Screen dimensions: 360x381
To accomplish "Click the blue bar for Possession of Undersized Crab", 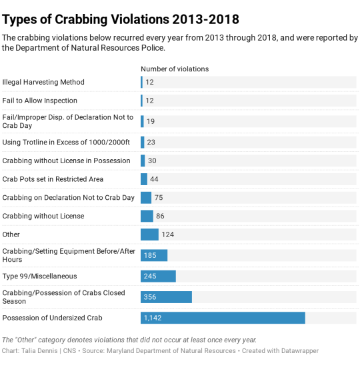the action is pyautogui.click(x=223, y=318).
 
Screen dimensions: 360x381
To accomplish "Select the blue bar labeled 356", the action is pyautogui.click(x=166, y=297).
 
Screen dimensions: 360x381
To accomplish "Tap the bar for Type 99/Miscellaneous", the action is pyautogui.click(x=158, y=276).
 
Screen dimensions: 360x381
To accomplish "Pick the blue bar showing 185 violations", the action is pyautogui.click(x=154, y=255).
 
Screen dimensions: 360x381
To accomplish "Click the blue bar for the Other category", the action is pyautogui.click(x=149, y=234).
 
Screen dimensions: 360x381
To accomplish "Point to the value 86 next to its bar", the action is pyautogui.click(x=160, y=216).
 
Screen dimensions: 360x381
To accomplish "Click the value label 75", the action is pyautogui.click(x=159, y=198).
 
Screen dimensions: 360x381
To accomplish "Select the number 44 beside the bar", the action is pyautogui.click(x=154, y=179).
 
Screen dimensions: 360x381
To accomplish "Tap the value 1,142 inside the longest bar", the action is pyautogui.click(x=153, y=318).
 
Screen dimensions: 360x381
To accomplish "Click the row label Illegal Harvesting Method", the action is pyautogui.click(x=43, y=82).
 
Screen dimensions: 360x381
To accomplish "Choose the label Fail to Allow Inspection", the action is pyautogui.click(x=39, y=101).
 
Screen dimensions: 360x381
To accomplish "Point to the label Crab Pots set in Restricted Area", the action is pyautogui.click(x=53, y=179).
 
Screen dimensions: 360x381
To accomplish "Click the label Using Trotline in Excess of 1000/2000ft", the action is pyautogui.click(x=66, y=142).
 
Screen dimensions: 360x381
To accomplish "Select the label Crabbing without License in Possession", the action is pyautogui.click(x=66, y=161).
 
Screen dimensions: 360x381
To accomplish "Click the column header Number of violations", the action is pyautogui.click(x=175, y=69).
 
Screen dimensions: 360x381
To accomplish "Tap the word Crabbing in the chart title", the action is pyautogui.click(x=81, y=19).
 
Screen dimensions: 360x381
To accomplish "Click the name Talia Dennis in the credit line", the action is pyautogui.click(x=39, y=351).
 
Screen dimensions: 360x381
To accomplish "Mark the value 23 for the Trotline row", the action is pyautogui.click(x=151, y=142).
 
